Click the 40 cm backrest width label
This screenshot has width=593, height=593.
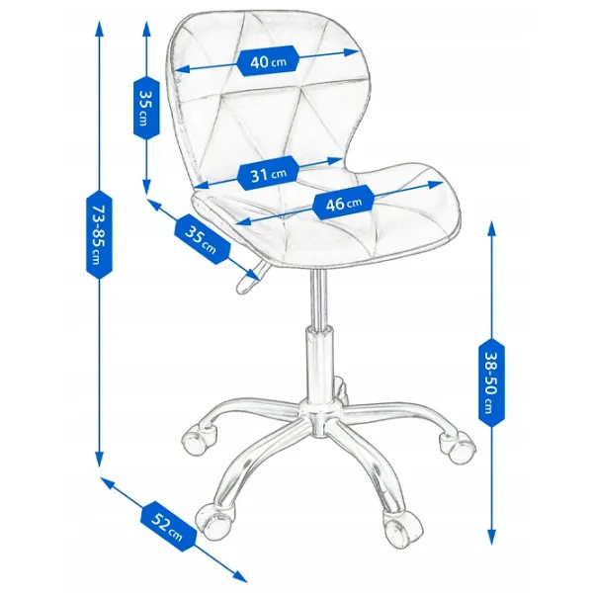[269, 61]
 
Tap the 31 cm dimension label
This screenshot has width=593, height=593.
[269, 173]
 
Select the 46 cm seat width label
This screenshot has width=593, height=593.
[344, 203]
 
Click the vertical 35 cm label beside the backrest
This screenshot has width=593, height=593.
[146, 108]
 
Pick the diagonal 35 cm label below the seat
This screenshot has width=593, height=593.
[202, 239]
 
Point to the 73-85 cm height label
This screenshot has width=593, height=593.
[99, 234]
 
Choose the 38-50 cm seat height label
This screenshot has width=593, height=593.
[491, 382]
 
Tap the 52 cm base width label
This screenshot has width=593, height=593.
[168, 527]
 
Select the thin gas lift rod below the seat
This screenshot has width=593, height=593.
[319, 298]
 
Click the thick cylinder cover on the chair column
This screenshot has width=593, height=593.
[320, 366]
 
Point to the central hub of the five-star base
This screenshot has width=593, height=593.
[320, 419]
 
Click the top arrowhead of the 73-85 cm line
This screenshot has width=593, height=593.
[99, 28]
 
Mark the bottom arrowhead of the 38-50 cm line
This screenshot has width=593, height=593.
[491, 537]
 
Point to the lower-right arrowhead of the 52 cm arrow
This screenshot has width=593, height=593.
[240, 576]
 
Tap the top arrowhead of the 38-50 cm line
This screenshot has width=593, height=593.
[491, 229]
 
